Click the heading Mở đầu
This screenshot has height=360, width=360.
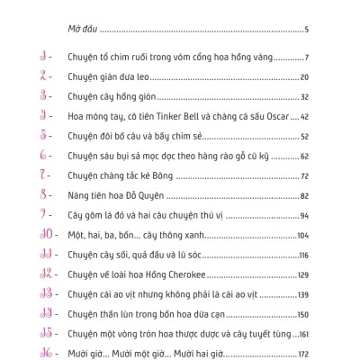click(x=84, y=30)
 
